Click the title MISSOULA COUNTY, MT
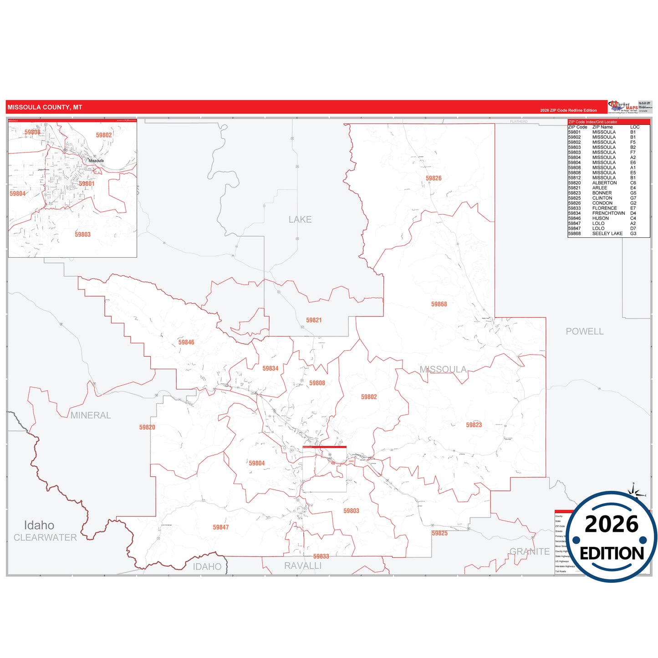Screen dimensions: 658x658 coord(45,107)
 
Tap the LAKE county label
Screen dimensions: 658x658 coord(300,219)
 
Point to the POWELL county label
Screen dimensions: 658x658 coord(584,332)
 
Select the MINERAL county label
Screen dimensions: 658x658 coord(91,415)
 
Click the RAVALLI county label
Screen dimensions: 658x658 coord(303,566)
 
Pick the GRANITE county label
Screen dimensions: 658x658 coord(529,551)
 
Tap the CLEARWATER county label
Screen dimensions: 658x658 coord(45,538)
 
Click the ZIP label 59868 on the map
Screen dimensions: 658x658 coord(439,304)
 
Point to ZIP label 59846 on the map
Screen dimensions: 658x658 coord(186,342)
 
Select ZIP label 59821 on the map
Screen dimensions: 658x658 coord(314,321)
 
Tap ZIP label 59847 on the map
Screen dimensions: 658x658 coord(221,527)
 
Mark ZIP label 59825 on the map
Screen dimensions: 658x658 coord(439,533)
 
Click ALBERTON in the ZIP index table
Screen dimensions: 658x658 coord(604,183)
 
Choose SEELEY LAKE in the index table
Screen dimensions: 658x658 coord(607,234)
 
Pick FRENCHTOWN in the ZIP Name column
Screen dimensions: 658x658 coord(608,213)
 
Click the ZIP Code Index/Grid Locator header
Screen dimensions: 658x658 coord(593,122)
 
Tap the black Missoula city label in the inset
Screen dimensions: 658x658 coord(96,161)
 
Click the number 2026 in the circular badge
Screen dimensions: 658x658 coord(612,524)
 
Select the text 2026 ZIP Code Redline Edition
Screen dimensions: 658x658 coord(568,110)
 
